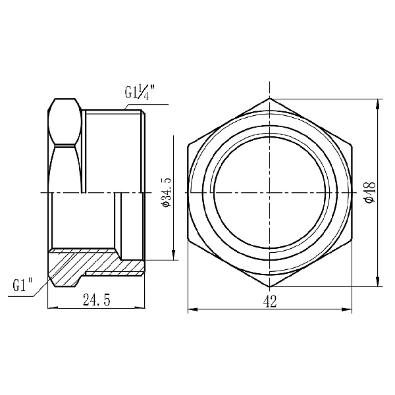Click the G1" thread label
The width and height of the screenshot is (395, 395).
tap(23, 286)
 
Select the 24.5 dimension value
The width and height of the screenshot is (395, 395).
tap(96, 300)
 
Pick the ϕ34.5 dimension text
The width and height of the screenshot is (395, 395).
tap(165, 192)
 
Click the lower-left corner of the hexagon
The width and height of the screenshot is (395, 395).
tap(188, 240)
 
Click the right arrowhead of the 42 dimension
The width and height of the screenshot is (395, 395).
tap(348, 307)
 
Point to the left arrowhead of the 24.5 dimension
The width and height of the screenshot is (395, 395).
tap(51, 307)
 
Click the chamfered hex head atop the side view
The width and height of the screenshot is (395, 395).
tap(65, 122)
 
